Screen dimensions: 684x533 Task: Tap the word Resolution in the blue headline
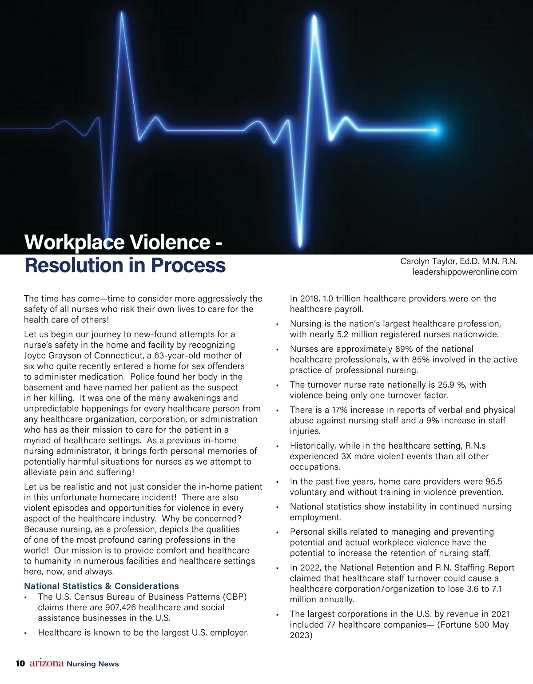pyautogui.click(x=73, y=265)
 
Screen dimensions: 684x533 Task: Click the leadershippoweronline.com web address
pyautogui.click(x=465, y=272)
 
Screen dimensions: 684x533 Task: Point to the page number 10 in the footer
pyautogui.click(x=20, y=664)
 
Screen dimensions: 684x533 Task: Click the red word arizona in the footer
pyautogui.click(x=47, y=664)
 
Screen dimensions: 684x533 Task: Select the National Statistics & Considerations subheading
pyautogui.click(x=101, y=586)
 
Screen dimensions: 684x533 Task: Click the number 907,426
pyautogui.click(x=120, y=608)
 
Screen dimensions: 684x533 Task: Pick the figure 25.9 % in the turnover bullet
pyautogui.click(x=445, y=385)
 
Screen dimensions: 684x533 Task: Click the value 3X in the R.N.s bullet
pyautogui.click(x=346, y=457)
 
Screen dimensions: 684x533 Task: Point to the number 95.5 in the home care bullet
pyautogui.click(x=493, y=482)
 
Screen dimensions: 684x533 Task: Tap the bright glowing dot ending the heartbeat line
pyautogui.click(x=435, y=130)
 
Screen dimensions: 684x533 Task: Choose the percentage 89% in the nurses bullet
pyautogui.click(x=404, y=349)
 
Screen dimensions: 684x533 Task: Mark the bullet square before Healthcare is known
pyautogui.click(x=26, y=633)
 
